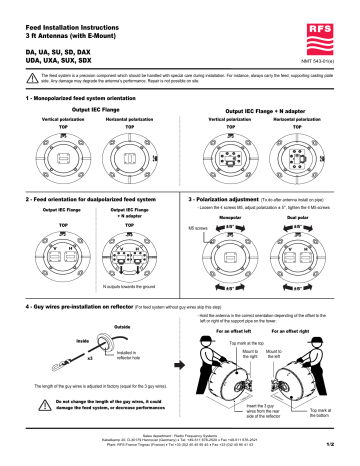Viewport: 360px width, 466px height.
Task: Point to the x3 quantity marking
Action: click(x=63, y=357)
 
